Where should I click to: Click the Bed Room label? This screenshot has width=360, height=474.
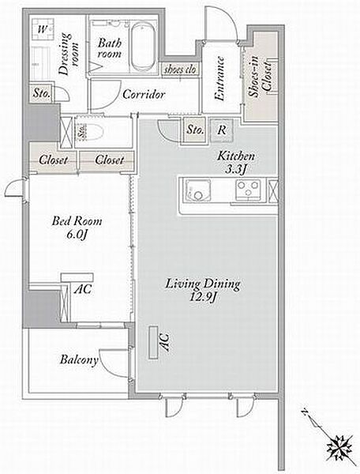(77, 221)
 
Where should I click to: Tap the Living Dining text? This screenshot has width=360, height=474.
(203, 284)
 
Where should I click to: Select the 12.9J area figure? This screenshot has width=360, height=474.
(202, 298)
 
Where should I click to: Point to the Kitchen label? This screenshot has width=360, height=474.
(236, 156)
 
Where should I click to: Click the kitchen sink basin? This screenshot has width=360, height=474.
(198, 190)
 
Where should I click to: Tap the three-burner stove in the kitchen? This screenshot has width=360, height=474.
(248, 190)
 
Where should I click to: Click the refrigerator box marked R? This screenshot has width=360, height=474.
(222, 130)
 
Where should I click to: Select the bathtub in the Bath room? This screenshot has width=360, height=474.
(144, 47)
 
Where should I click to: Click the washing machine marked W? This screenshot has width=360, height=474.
(43, 29)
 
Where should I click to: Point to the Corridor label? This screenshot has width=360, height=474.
(144, 94)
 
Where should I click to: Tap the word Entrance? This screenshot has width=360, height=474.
(219, 78)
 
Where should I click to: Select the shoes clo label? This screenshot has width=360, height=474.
(180, 70)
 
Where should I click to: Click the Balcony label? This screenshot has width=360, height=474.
(79, 359)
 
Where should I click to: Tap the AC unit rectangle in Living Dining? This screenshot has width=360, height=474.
(153, 342)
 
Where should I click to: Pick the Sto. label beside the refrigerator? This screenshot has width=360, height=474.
(195, 130)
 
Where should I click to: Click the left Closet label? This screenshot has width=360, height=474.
(53, 160)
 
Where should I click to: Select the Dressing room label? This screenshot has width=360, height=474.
(69, 54)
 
